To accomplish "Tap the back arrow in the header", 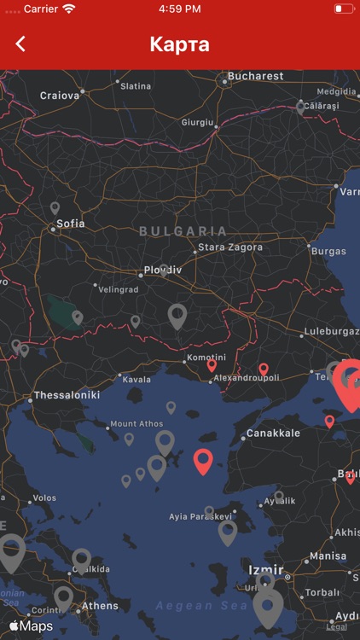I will point(20,44).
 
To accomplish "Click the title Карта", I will point(179,44).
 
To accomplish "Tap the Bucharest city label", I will point(255,76).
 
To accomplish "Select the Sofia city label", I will point(71,224).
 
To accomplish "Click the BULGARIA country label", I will point(183,231).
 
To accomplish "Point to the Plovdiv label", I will point(162,270).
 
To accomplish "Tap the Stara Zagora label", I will point(230,247).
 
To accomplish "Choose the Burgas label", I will point(328,252).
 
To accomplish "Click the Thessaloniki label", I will point(67,396).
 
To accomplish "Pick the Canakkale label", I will point(273,433).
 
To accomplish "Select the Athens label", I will point(100,607).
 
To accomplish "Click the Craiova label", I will point(60,96).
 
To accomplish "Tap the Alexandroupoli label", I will point(247,377).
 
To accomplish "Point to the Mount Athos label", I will point(136,424).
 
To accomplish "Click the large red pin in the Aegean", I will point(202,460).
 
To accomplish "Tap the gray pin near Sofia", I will point(55,207).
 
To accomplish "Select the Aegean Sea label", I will point(189,605).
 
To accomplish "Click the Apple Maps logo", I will point(31,626).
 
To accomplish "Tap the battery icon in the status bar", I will point(344,9).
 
